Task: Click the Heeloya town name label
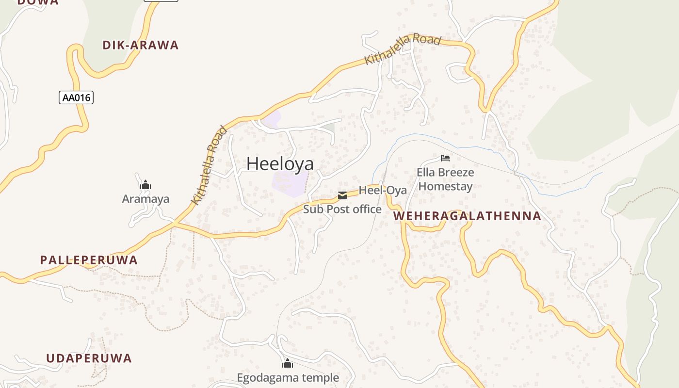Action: click(x=280, y=164)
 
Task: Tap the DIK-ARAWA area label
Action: click(x=141, y=46)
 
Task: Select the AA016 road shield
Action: click(x=76, y=97)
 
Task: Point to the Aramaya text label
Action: click(x=145, y=199)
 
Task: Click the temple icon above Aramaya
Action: click(x=145, y=185)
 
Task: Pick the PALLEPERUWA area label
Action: click(x=89, y=260)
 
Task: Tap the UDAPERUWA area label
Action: click(x=89, y=358)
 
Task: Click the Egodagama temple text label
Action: click(x=288, y=377)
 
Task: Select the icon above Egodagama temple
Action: click(x=288, y=363)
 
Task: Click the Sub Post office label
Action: click(x=342, y=210)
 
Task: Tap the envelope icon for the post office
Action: click(x=342, y=195)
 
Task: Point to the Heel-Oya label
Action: click(x=383, y=190)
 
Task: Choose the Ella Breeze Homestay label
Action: click(x=445, y=179)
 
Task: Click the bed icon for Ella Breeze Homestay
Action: click(x=445, y=158)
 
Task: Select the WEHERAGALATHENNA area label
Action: click(x=467, y=216)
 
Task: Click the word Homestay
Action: click(x=445, y=186)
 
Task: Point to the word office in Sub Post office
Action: click(x=367, y=210)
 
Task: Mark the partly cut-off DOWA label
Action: click(x=38, y=2)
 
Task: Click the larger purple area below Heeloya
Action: click(x=290, y=184)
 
